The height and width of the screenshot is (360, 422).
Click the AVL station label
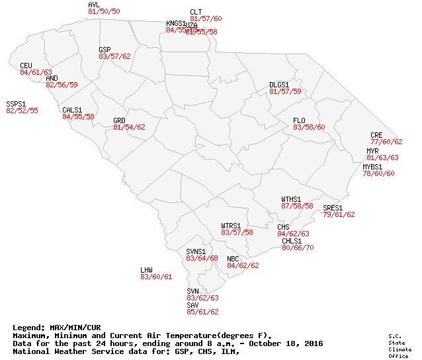tap(93, 5)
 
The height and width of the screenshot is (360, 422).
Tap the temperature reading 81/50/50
tap(104, 12)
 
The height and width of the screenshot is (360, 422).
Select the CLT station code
tap(196, 12)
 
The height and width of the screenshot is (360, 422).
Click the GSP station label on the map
tap(105, 50)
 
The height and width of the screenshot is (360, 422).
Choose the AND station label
tap(52, 78)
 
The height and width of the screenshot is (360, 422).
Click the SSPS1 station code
tap(16, 104)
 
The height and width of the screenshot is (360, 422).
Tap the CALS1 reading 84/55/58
tap(78, 116)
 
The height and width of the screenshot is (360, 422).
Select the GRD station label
tap(119, 120)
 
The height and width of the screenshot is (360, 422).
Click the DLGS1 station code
tap(279, 85)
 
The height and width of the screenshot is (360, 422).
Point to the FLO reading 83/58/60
tap(309, 127)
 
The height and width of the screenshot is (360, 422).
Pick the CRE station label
tap(376, 135)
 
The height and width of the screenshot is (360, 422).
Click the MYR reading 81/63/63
tap(382, 157)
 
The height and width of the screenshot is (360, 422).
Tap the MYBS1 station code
tap(372, 167)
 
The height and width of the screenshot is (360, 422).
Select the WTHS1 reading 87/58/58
tap(297, 206)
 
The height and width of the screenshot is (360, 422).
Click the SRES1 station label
tap(333, 208)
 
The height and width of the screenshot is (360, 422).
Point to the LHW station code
tap(146, 270)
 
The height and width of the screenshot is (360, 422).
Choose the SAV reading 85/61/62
tap(202, 312)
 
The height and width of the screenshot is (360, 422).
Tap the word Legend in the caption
tap(28, 328)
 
